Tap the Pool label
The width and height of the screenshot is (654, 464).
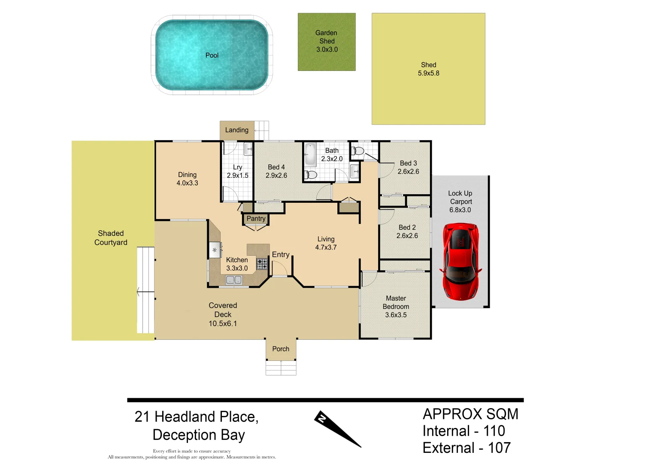tap(212, 55)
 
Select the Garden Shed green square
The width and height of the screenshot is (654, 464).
tap(327, 42)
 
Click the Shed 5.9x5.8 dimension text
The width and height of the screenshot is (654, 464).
tap(428, 73)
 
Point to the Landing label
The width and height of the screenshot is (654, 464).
tap(236, 130)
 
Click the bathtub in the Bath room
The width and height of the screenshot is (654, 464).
tap(310, 155)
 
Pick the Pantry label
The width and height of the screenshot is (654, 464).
tap(256, 219)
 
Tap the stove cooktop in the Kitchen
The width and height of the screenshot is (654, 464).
tap(262, 264)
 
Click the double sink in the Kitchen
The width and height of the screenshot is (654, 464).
tap(234, 280)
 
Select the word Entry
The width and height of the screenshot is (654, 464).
tap(281, 255)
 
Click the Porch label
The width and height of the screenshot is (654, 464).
tap(281, 349)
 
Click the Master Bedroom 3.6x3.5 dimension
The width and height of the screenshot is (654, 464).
tap(396, 315)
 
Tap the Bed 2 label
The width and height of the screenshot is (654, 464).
tap(407, 228)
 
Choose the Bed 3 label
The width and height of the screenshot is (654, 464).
tap(408, 163)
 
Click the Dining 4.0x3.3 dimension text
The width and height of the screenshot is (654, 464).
tap(187, 183)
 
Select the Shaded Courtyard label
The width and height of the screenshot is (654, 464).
tap(111, 238)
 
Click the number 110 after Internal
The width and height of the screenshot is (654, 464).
tap(494, 431)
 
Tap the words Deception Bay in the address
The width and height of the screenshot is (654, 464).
tap(199, 435)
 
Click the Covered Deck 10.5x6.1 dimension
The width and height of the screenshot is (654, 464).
tap(223, 324)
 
